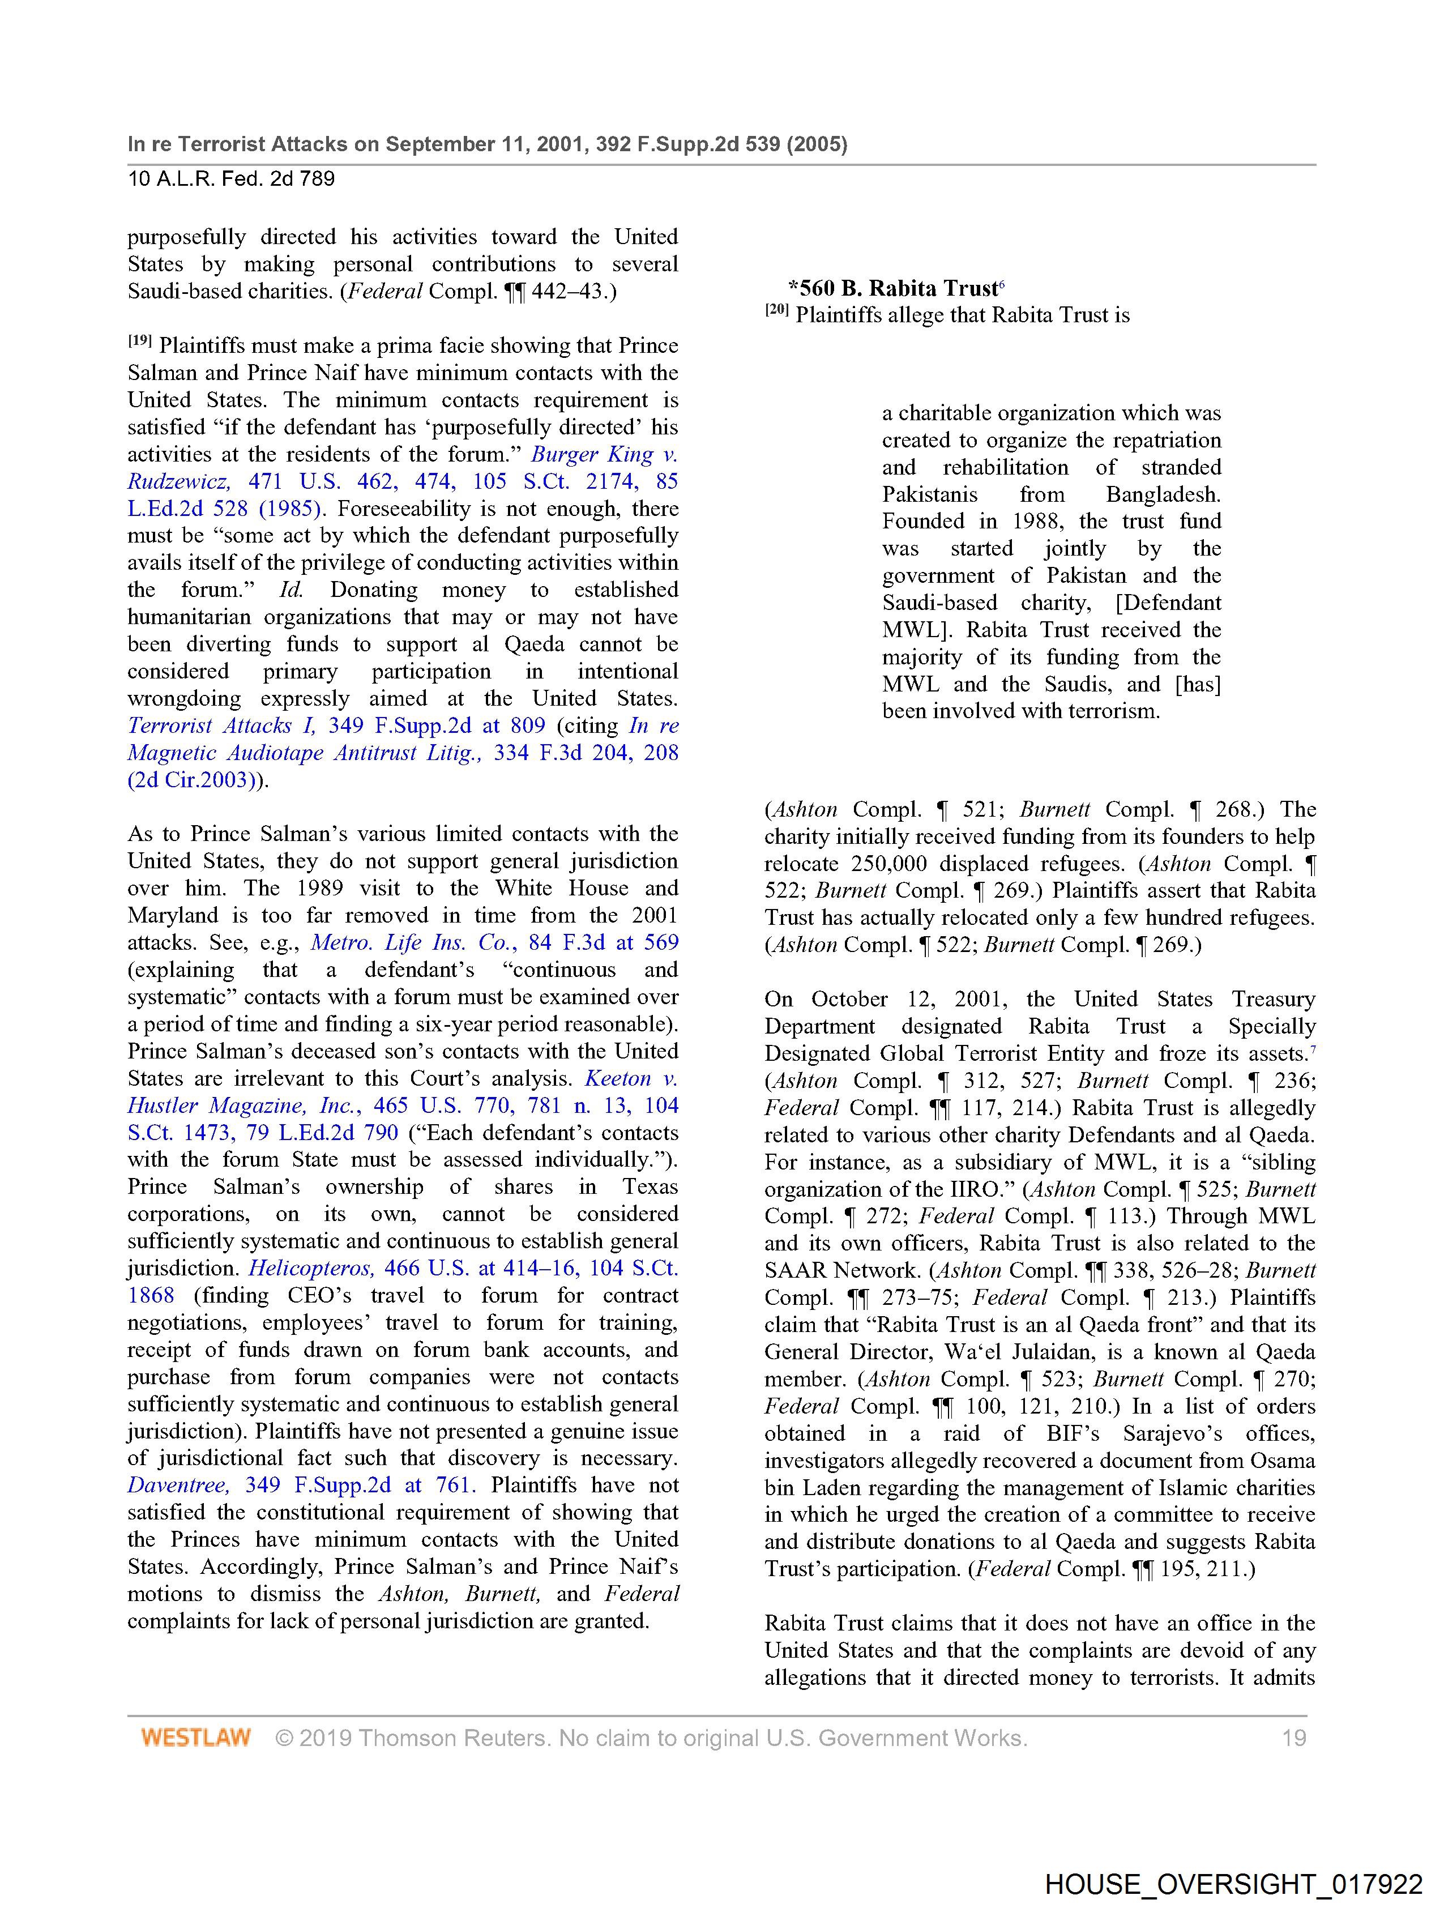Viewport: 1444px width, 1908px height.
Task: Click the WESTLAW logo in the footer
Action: click(196, 1737)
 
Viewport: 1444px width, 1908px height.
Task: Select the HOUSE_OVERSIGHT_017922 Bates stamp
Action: click(1233, 1884)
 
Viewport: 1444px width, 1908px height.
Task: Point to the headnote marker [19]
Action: click(140, 342)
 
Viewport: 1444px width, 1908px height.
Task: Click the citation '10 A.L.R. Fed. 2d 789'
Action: click(231, 178)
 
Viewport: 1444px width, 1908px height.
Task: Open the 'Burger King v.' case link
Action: click(604, 455)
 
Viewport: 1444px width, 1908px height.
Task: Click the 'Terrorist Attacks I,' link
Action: click(221, 725)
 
